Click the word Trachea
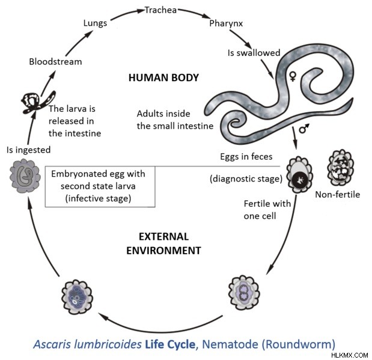click(160, 10)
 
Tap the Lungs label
click(95, 23)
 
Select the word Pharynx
click(226, 23)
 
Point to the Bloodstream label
click(55, 62)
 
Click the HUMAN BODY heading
click(163, 78)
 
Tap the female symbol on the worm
click(293, 77)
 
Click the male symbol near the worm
click(304, 129)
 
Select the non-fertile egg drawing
click(340, 168)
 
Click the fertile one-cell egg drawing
click(299, 175)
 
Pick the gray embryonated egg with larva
click(25, 176)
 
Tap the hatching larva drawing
click(38, 103)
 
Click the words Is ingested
click(28, 150)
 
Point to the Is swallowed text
click(254, 53)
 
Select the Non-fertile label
click(337, 195)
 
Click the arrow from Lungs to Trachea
click(127, 14)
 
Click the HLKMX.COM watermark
click(349, 355)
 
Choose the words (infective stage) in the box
click(98, 198)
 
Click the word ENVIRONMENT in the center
click(163, 251)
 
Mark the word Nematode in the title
click(230, 344)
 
